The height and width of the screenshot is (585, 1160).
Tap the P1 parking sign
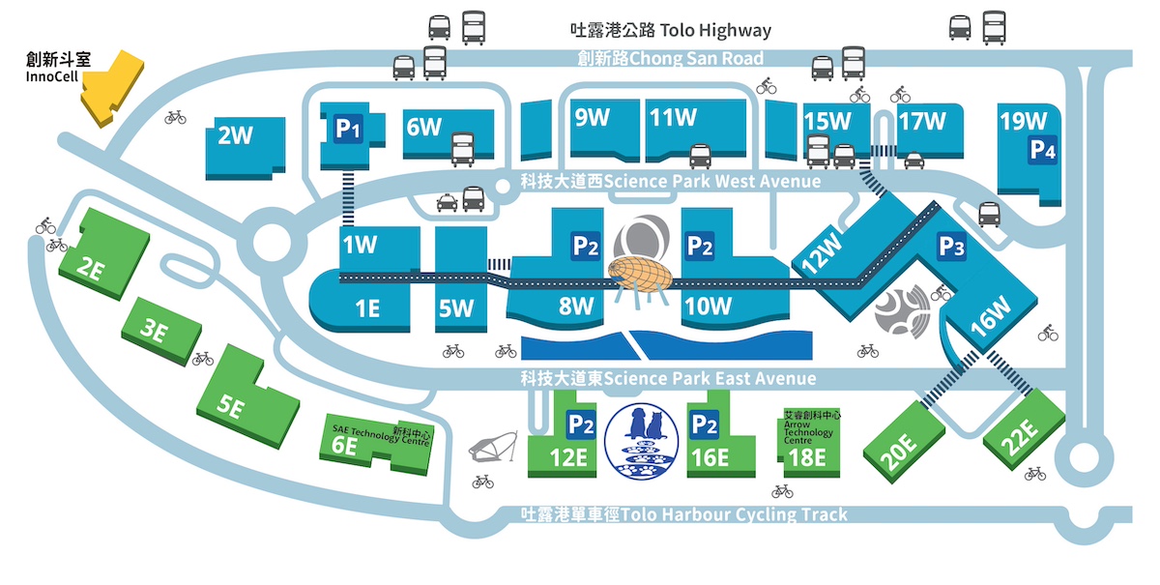pyautogui.click(x=348, y=129)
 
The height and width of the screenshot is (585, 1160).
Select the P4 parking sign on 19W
pyautogui.click(x=1042, y=151)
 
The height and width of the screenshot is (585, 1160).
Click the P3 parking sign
pyautogui.click(x=952, y=247)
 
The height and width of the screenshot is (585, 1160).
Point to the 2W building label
pyautogui.click(x=235, y=135)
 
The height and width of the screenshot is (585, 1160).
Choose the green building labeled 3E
pyautogui.click(x=161, y=331)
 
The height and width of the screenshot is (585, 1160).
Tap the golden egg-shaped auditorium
pyautogui.click(x=640, y=275)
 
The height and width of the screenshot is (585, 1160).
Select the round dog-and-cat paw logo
pyautogui.click(x=642, y=441)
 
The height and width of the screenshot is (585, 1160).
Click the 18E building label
pyautogui.click(x=807, y=457)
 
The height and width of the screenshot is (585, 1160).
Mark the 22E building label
pyautogui.click(x=1020, y=436)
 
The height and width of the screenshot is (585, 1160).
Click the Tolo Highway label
pyautogui.click(x=671, y=30)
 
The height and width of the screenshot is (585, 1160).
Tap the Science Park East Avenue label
pyautogui.click(x=668, y=378)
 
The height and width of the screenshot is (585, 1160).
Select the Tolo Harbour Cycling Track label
pyautogui.click(x=684, y=514)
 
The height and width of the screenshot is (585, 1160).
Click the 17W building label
pyautogui.click(x=922, y=122)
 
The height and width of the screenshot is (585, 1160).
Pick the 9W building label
pyautogui.click(x=592, y=118)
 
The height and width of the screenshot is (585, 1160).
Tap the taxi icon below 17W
pyautogui.click(x=914, y=161)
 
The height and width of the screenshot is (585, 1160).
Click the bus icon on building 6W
pyautogui.click(x=462, y=149)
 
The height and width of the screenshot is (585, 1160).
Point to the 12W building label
pyautogui.click(x=822, y=253)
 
